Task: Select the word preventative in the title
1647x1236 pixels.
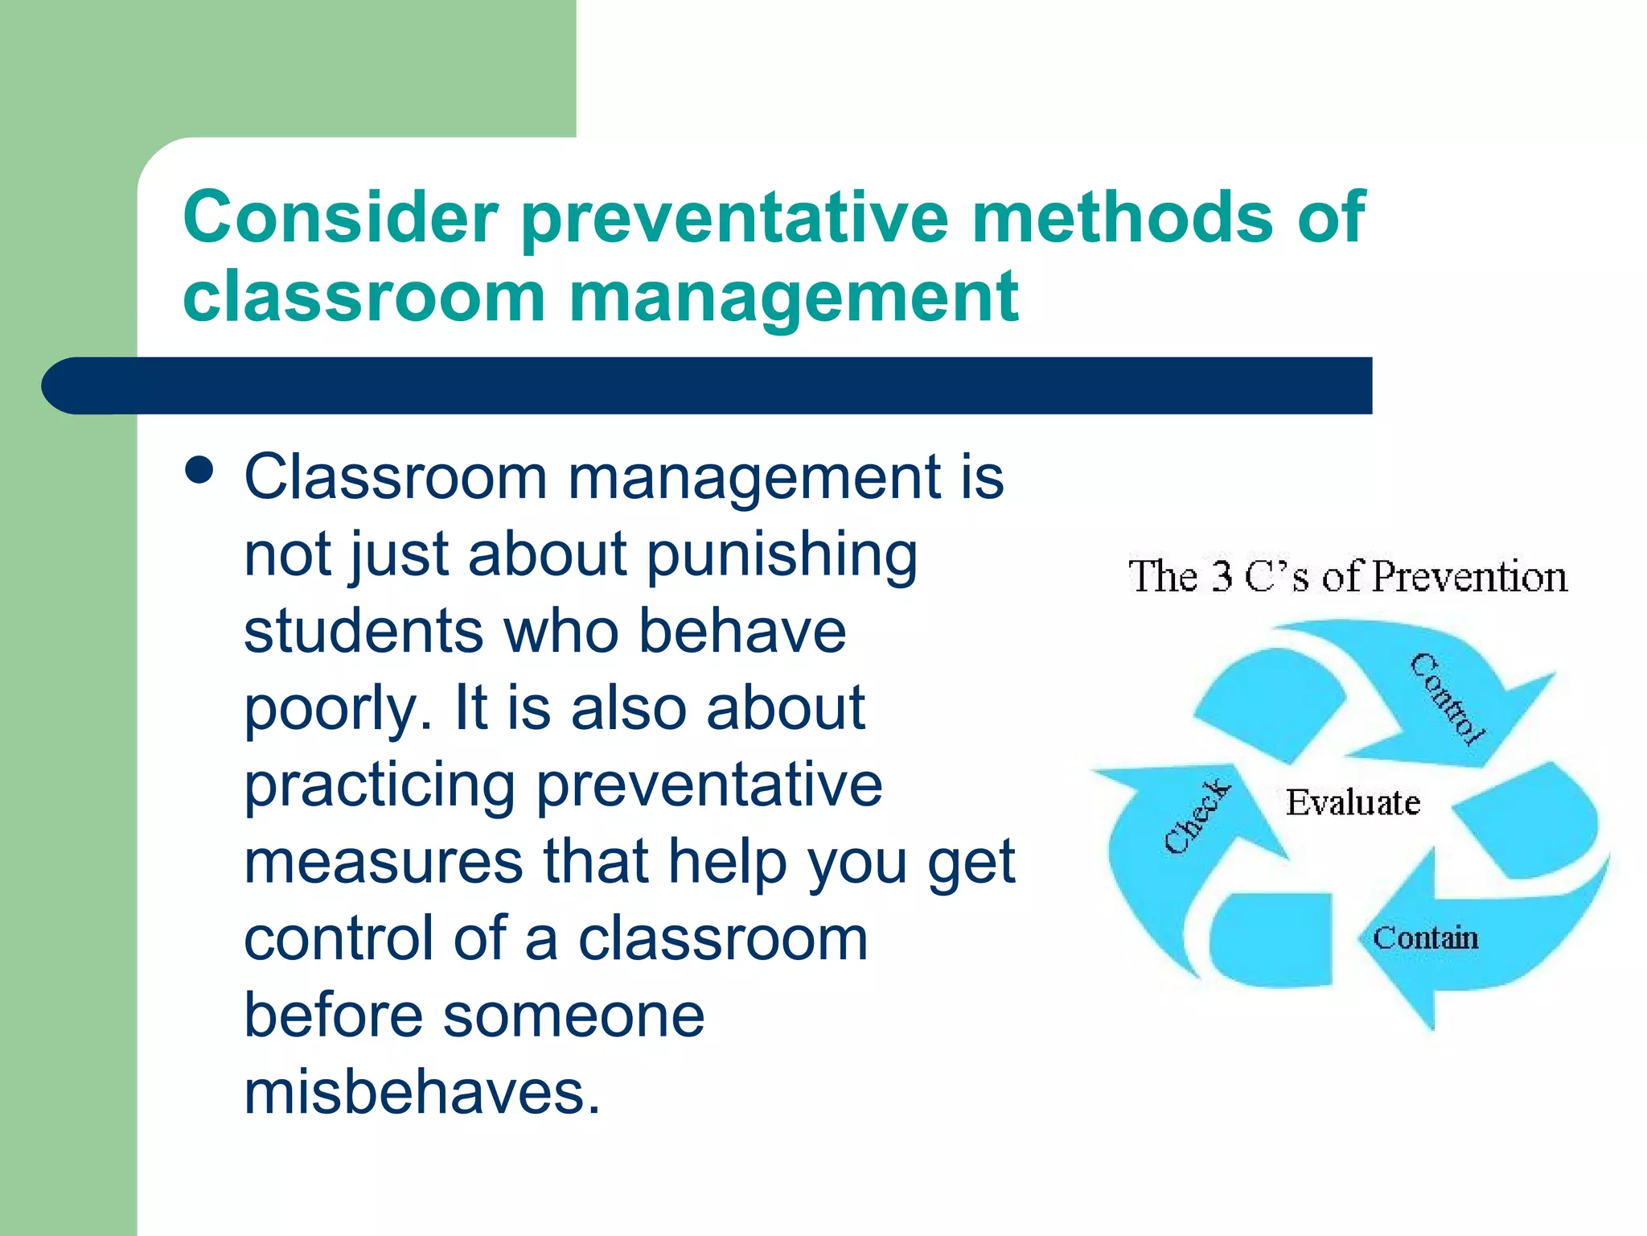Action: tap(735, 219)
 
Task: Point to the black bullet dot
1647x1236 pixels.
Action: tap(199, 471)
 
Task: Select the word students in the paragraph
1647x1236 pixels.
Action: tap(363, 631)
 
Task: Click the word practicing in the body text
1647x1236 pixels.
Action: tap(380, 785)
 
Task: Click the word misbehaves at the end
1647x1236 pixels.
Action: tap(421, 1093)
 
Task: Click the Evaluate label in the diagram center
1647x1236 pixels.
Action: tap(1352, 803)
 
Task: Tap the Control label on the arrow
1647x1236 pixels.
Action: tap(1448, 698)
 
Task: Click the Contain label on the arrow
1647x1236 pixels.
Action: tap(1425, 938)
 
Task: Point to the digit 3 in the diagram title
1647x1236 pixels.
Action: tap(1222, 576)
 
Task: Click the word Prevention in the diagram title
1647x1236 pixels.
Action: tap(1469, 577)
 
